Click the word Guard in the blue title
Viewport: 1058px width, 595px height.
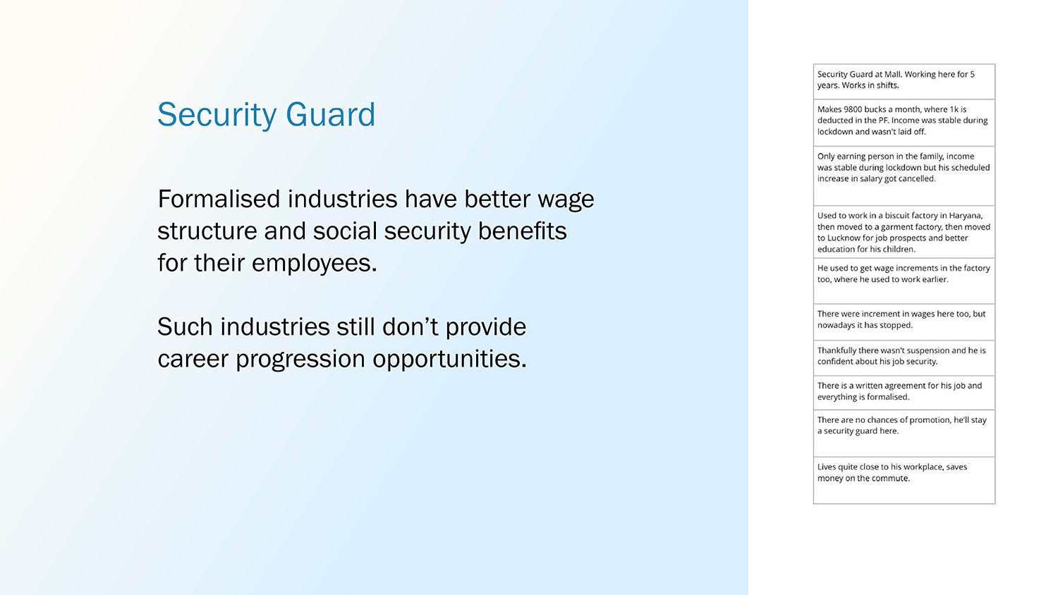pos(331,115)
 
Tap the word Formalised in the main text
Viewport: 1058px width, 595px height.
pos(219,199)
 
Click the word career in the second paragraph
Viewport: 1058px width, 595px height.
pos(193,360)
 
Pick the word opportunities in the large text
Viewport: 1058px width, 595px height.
pos(449,360)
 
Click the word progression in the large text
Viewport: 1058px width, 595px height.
pos(300,360)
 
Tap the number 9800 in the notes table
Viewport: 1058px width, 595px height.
pos(853,109)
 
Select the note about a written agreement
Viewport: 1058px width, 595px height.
pos(904,393)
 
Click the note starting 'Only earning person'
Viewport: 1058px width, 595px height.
pos(904,176)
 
